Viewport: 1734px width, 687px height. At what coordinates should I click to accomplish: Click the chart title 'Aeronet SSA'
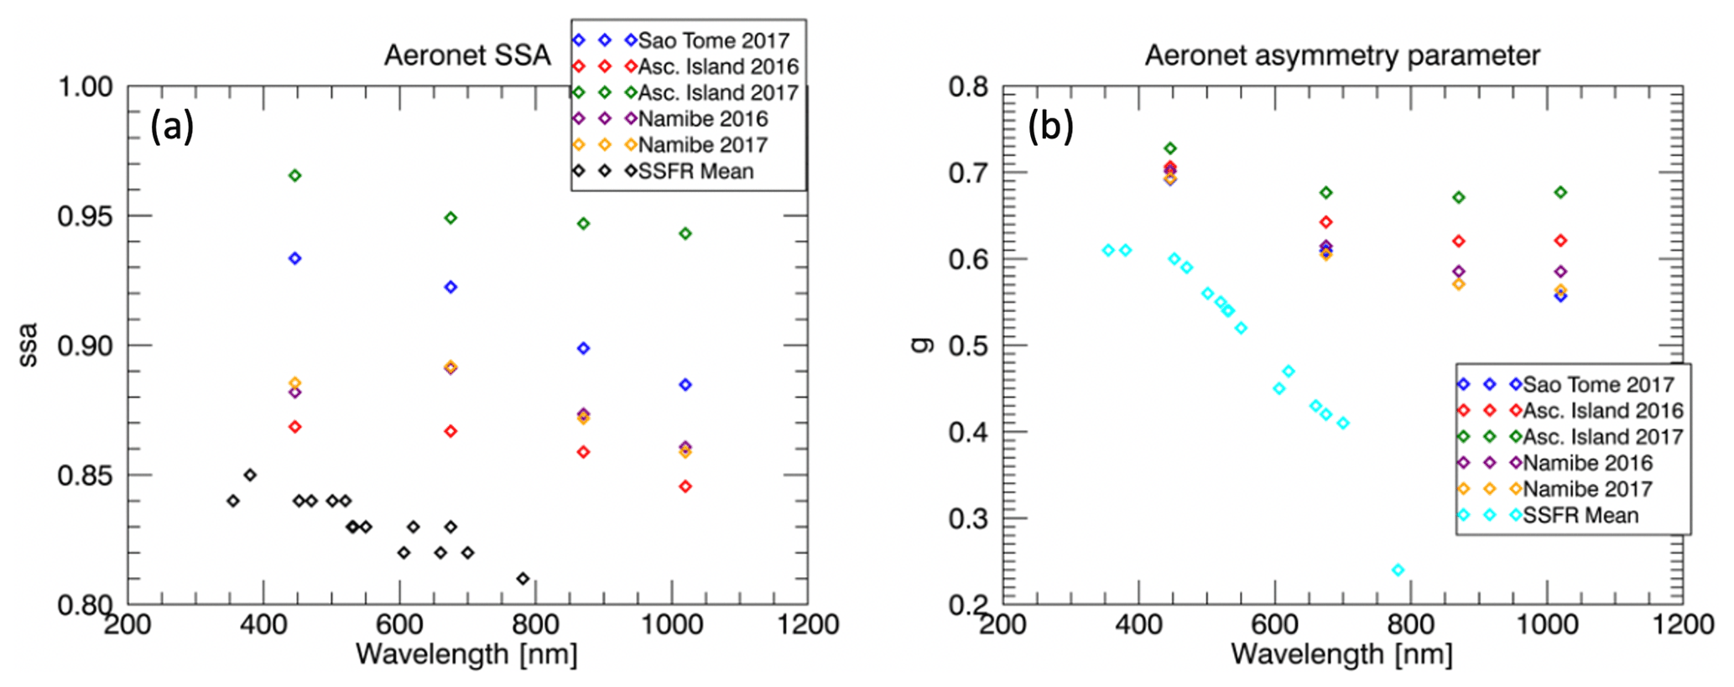tap(466, 55)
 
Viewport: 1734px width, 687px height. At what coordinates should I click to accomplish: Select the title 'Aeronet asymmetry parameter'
tap(1342, 55)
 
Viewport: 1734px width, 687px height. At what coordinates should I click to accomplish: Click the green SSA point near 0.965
tap(294, 175)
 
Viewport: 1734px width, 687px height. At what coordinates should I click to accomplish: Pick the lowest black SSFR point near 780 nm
tap(523, 579)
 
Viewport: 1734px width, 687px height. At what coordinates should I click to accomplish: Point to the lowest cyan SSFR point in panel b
tap(1398, 570)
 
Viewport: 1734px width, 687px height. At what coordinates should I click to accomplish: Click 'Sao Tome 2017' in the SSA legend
tap(713, 40)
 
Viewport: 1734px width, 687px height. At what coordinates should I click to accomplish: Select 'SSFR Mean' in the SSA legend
tap(695, 171)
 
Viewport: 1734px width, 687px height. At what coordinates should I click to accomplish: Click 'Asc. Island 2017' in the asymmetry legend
tap(1602, 437)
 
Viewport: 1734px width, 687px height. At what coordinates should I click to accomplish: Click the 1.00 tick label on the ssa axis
tap(85, 86)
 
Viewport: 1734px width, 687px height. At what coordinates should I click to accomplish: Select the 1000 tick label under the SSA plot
tap(671, 625)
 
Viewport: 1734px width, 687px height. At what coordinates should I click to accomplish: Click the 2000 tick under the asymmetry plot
tap(1681, 625)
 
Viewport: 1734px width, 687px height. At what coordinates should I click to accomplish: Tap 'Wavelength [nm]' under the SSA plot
tap(466, 654)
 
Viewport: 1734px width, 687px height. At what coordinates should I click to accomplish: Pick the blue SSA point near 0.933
tap(294, 258)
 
